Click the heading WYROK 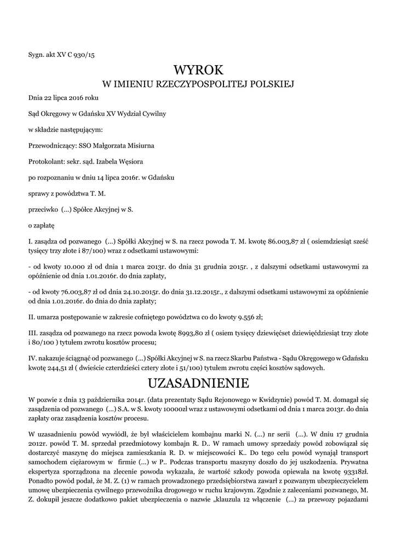198,70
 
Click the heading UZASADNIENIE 198,381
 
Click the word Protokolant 45,161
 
